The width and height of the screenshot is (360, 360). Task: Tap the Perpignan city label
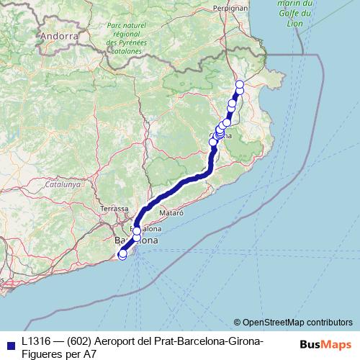[x=230, y=8]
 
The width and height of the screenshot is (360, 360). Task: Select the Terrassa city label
[x=114, y=208]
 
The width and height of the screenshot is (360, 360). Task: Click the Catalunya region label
[x=62, y=184]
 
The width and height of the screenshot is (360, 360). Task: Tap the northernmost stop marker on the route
[x=240, y=85]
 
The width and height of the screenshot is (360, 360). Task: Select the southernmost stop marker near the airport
[x=122, y=254]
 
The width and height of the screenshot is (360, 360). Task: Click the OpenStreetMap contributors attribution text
[x=297, y=322]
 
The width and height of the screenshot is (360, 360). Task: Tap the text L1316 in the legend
[x=36, y=341]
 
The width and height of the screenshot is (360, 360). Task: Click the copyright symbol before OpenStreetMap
[x=238, y=322]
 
